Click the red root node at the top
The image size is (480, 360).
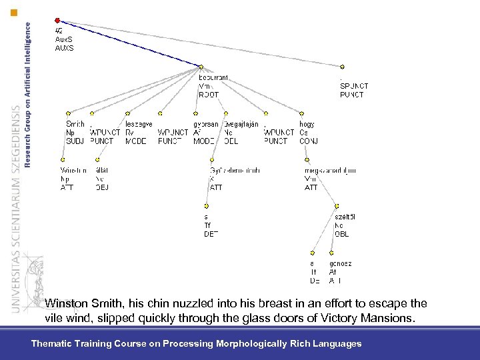coord(57,21)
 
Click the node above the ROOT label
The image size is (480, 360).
coord(201,67)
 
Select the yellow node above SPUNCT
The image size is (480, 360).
coord(342,67)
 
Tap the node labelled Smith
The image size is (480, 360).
coord(68,113)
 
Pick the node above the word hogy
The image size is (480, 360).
coord(303,113)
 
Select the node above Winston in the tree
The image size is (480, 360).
coord(63,160)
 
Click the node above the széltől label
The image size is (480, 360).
coord(337,207)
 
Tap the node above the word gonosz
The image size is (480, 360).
coord(331,253)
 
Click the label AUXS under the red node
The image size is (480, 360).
coord(64,48)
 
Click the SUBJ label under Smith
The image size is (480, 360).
coord(75,141)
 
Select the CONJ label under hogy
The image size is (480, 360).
coord(308,141)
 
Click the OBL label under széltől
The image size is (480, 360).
coord(341,234)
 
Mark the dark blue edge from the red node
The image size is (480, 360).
coord(127,43)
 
